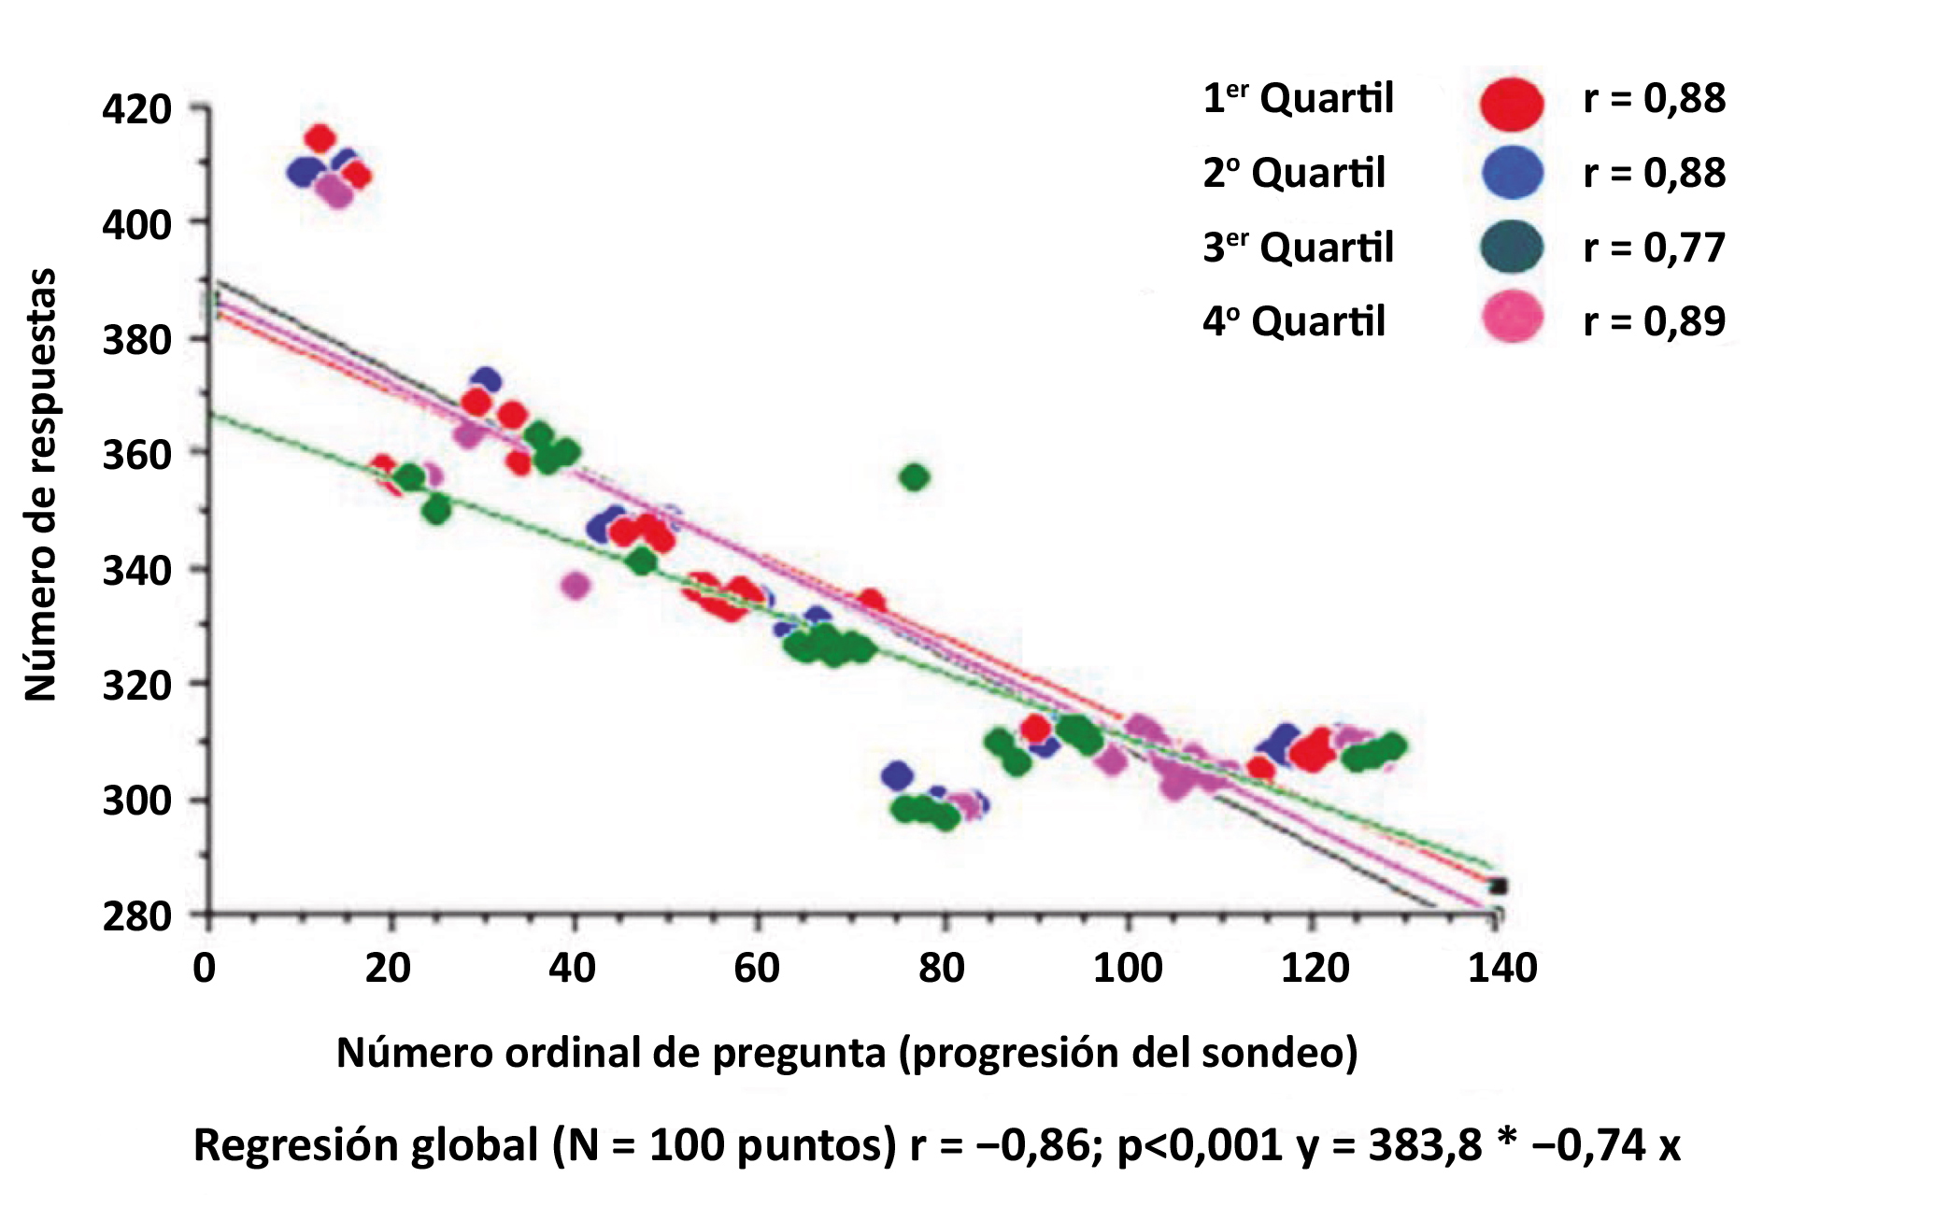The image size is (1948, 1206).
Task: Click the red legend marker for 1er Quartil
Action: [1511, 103]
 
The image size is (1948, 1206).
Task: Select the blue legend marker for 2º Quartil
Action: [1512, 173]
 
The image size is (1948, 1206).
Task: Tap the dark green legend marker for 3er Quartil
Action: [1511, 248]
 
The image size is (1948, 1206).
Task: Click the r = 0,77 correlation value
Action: [1654, 248]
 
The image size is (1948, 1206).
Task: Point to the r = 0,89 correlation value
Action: [1654, 320]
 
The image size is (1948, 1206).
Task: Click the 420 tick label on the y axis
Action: [136, 109]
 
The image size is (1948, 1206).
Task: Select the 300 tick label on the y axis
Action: [136, 801]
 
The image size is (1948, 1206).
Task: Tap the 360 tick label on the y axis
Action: [136, 455]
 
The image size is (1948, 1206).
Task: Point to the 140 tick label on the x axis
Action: [1502, 968]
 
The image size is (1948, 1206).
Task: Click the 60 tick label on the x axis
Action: [756, 968]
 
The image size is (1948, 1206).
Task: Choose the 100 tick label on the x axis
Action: [1128, 968]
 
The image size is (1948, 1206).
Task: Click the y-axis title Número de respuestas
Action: [40, 484]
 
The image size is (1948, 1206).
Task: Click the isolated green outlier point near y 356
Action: [915, 477]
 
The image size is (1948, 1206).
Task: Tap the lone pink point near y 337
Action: [576, 586]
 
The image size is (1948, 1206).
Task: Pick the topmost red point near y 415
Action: [320, 138]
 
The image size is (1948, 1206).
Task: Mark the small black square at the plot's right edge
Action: [1498, 887]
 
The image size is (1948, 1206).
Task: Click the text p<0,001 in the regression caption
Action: [1200, 1145]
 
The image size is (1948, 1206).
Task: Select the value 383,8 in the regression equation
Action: [1425, 1145]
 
